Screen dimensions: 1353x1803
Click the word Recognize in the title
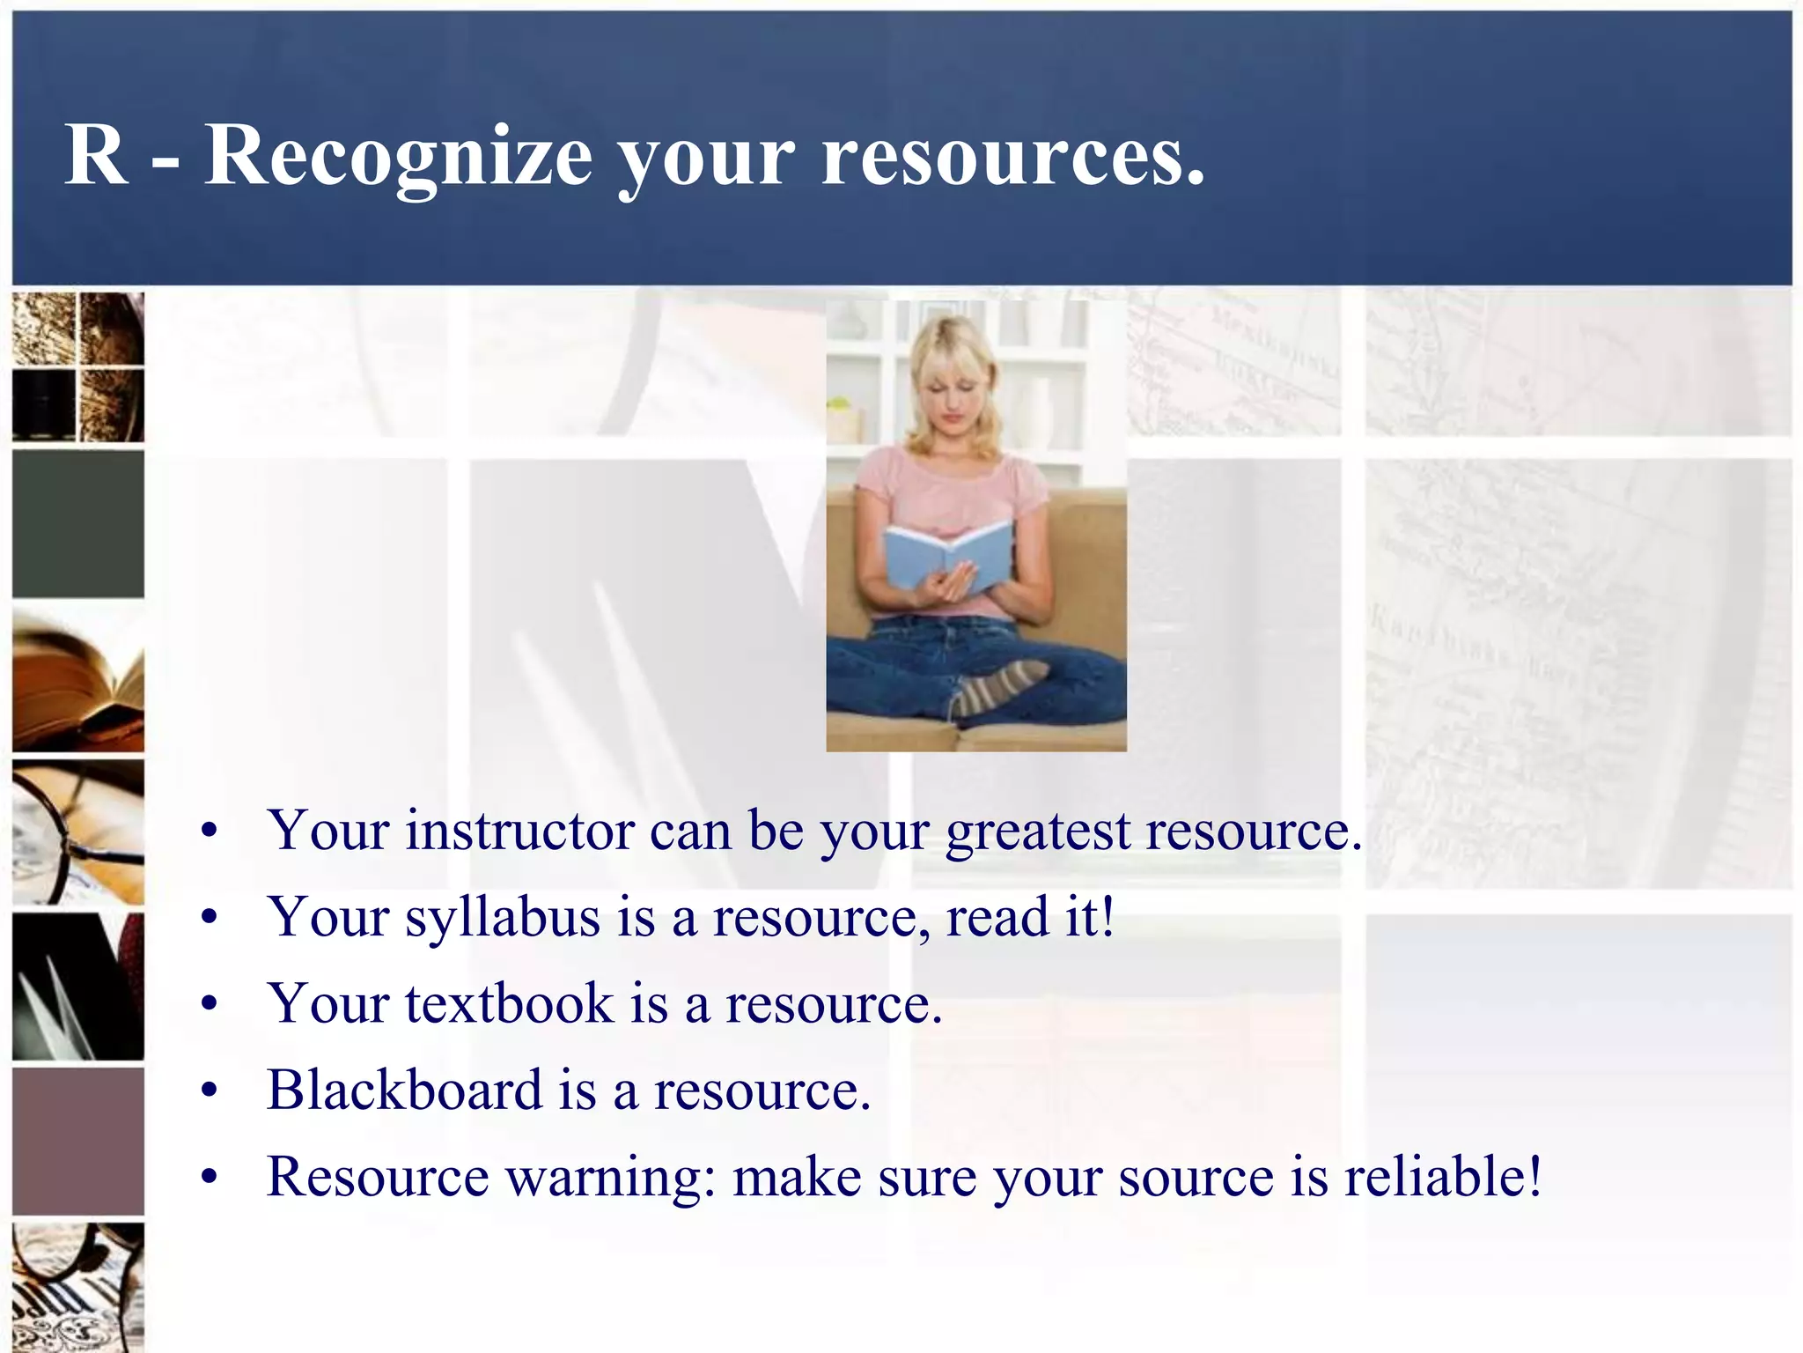398,157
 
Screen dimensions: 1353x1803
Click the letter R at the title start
96,155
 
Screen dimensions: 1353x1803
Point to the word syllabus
502,918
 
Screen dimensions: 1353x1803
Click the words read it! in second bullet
1030,916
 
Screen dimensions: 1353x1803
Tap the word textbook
509,1003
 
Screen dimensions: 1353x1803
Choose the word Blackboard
404,1090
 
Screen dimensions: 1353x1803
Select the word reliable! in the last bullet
1444,1176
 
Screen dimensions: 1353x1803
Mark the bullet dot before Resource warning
209,1178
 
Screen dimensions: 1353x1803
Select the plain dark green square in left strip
77,524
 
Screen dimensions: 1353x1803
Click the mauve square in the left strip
77,1141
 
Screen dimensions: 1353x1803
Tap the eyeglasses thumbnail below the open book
77,832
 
